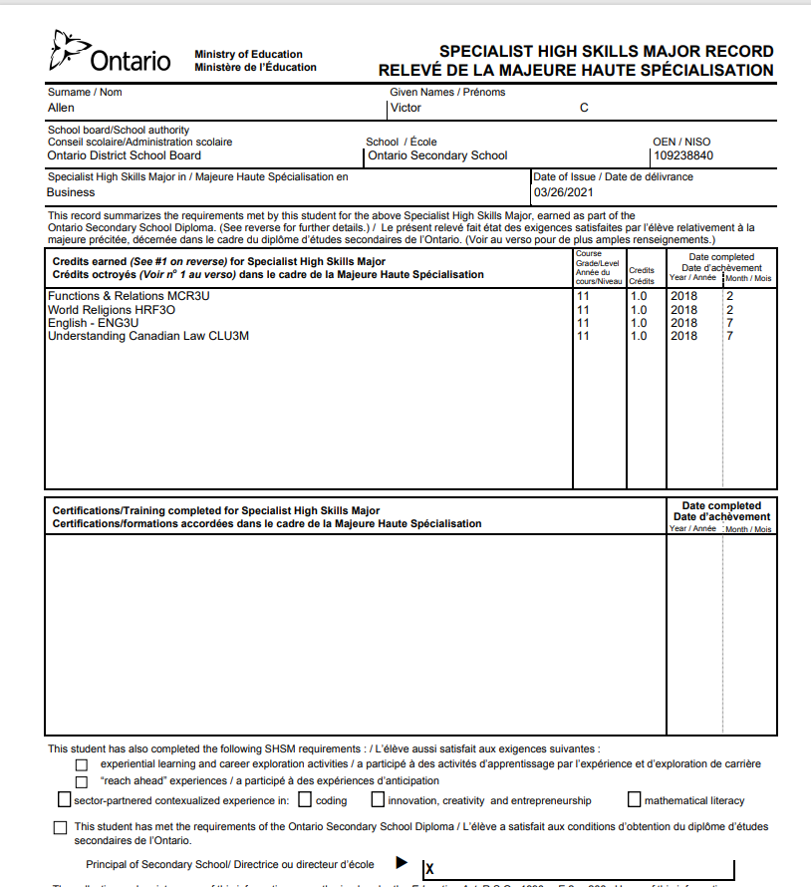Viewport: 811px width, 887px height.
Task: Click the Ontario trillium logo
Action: click(x=68, y=51)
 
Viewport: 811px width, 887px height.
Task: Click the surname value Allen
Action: click(x=61, y=108)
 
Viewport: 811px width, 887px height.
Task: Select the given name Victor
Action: click(x=406, y=108)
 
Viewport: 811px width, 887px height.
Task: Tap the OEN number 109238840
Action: click(x=683, y=155)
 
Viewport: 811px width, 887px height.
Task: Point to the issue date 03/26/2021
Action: click(x=563, y=192)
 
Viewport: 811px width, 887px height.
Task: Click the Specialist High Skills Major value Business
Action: click(x=72, y=192)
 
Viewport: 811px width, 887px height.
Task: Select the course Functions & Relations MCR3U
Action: click(x=129, y=296)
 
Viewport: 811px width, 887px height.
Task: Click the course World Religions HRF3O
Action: click(x=112, y=310)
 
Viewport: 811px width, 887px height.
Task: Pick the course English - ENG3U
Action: click(x=94, y=323)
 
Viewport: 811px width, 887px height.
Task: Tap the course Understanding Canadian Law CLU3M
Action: click(x=148, y=336)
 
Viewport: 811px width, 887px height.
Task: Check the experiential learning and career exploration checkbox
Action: click(x=82, y=764)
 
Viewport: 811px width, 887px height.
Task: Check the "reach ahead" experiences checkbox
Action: click(x=82, y=781)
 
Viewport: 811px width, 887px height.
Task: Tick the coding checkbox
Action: click(x=304, y=799)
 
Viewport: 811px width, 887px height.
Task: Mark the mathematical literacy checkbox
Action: click(x=635, y=799)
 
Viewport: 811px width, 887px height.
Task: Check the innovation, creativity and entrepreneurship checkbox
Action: click(x=378, y=799)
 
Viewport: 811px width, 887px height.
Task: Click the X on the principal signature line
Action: click(x=429, y=870)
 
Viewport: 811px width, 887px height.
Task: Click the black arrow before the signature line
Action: click(x=403, y=862)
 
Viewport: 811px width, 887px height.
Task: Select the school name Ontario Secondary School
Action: click(x=437, y=155)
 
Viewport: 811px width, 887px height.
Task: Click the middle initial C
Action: click(x=584, y=108)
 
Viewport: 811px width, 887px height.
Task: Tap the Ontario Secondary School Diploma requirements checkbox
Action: click(x=61, y=827)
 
